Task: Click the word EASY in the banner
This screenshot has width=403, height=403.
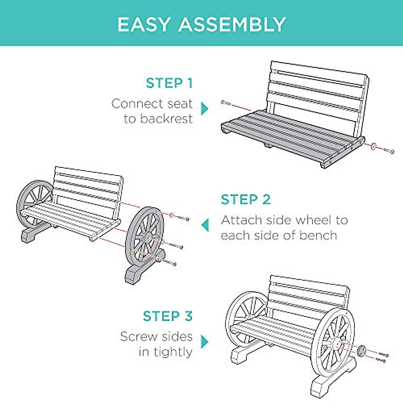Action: pos(145,25)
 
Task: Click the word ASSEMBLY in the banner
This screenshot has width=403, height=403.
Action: pos(232,25)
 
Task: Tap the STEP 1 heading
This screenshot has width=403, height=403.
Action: pos(170,83)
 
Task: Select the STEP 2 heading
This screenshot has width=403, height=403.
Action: pos(245,199)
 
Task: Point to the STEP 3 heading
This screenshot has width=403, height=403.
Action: pos(168,316)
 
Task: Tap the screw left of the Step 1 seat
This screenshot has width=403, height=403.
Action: pos(226,102)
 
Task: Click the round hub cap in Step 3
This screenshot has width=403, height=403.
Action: pos(362,351)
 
